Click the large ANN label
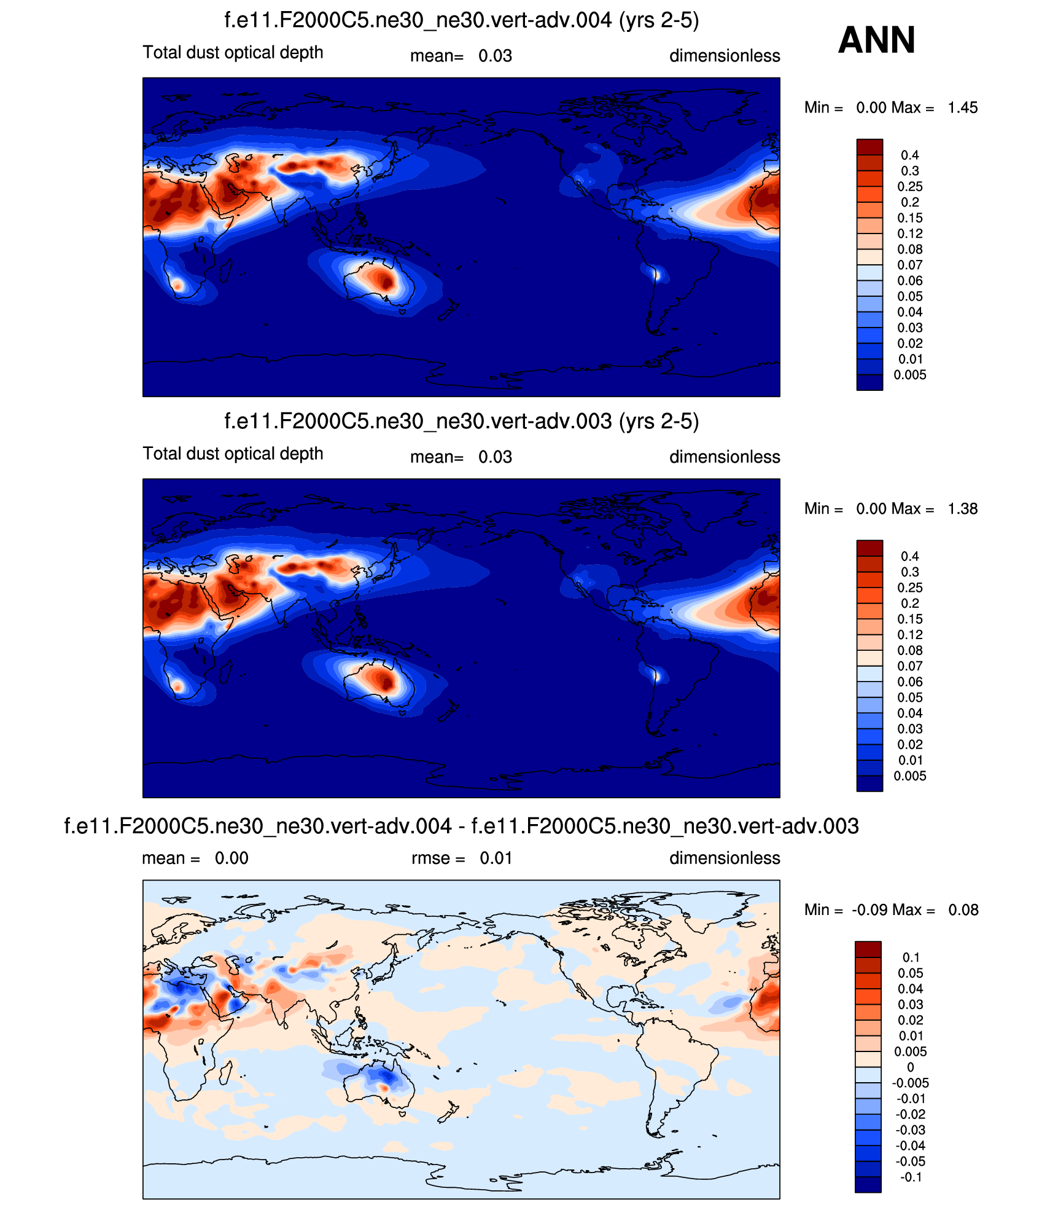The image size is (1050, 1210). [x=876, y=41]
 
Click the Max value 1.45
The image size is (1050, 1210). [x=962, y=108]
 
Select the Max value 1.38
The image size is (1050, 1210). [x=962, y=509]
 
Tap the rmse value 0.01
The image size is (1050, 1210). [x=496, y=858]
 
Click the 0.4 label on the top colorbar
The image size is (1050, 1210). [x=909, y=155]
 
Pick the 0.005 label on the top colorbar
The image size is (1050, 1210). [x=909, y=375]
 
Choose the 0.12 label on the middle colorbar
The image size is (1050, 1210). [x=909, y=635]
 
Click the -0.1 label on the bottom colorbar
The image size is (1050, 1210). [x=911, y=1177]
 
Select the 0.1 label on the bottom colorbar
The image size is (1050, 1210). [x=911, y=957]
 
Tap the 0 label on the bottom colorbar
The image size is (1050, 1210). [x=911, y=1067]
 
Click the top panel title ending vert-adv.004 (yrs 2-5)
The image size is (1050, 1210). [x=461, y=21]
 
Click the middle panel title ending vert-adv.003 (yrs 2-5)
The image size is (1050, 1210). [x=461, y=422]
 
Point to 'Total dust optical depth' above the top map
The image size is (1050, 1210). [x=233, y=53]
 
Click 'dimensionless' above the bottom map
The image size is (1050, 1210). [x=725, y=858]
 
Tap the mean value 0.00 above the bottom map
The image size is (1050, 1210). [x=231, y=858]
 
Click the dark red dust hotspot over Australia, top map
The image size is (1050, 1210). [x=386, y=282]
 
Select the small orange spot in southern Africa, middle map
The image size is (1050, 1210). [x=177, y=686]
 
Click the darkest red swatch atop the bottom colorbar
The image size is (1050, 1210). [x=868, y=949]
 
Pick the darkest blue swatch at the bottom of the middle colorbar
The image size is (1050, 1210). [x=869, y=784]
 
